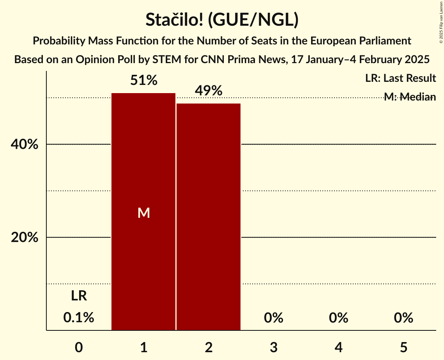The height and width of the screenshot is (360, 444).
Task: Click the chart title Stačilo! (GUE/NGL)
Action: [x=222, y=20]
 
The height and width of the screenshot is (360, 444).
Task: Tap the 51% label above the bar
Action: [x=143, y=81]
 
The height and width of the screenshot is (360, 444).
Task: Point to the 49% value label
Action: [x=209, y=91]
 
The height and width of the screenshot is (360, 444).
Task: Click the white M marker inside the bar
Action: [x=143, y=213]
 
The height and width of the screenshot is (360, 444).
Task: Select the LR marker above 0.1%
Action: [x=79, y=296]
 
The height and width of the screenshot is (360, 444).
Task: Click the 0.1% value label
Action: [x=79, y=318]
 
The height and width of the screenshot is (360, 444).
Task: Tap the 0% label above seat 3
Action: [x=273, y=318]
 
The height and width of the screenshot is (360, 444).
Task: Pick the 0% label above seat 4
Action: [x=338, y=318]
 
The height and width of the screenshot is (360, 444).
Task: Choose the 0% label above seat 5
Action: [x=403, y=318]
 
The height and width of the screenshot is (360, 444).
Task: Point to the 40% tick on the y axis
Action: [x=24, y=145]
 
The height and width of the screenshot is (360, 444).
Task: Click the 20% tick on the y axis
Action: [x=24, y=238]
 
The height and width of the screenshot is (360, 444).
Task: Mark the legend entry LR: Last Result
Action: [x=400, y=78]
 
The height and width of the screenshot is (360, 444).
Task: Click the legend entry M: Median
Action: [x=410, y=97]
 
